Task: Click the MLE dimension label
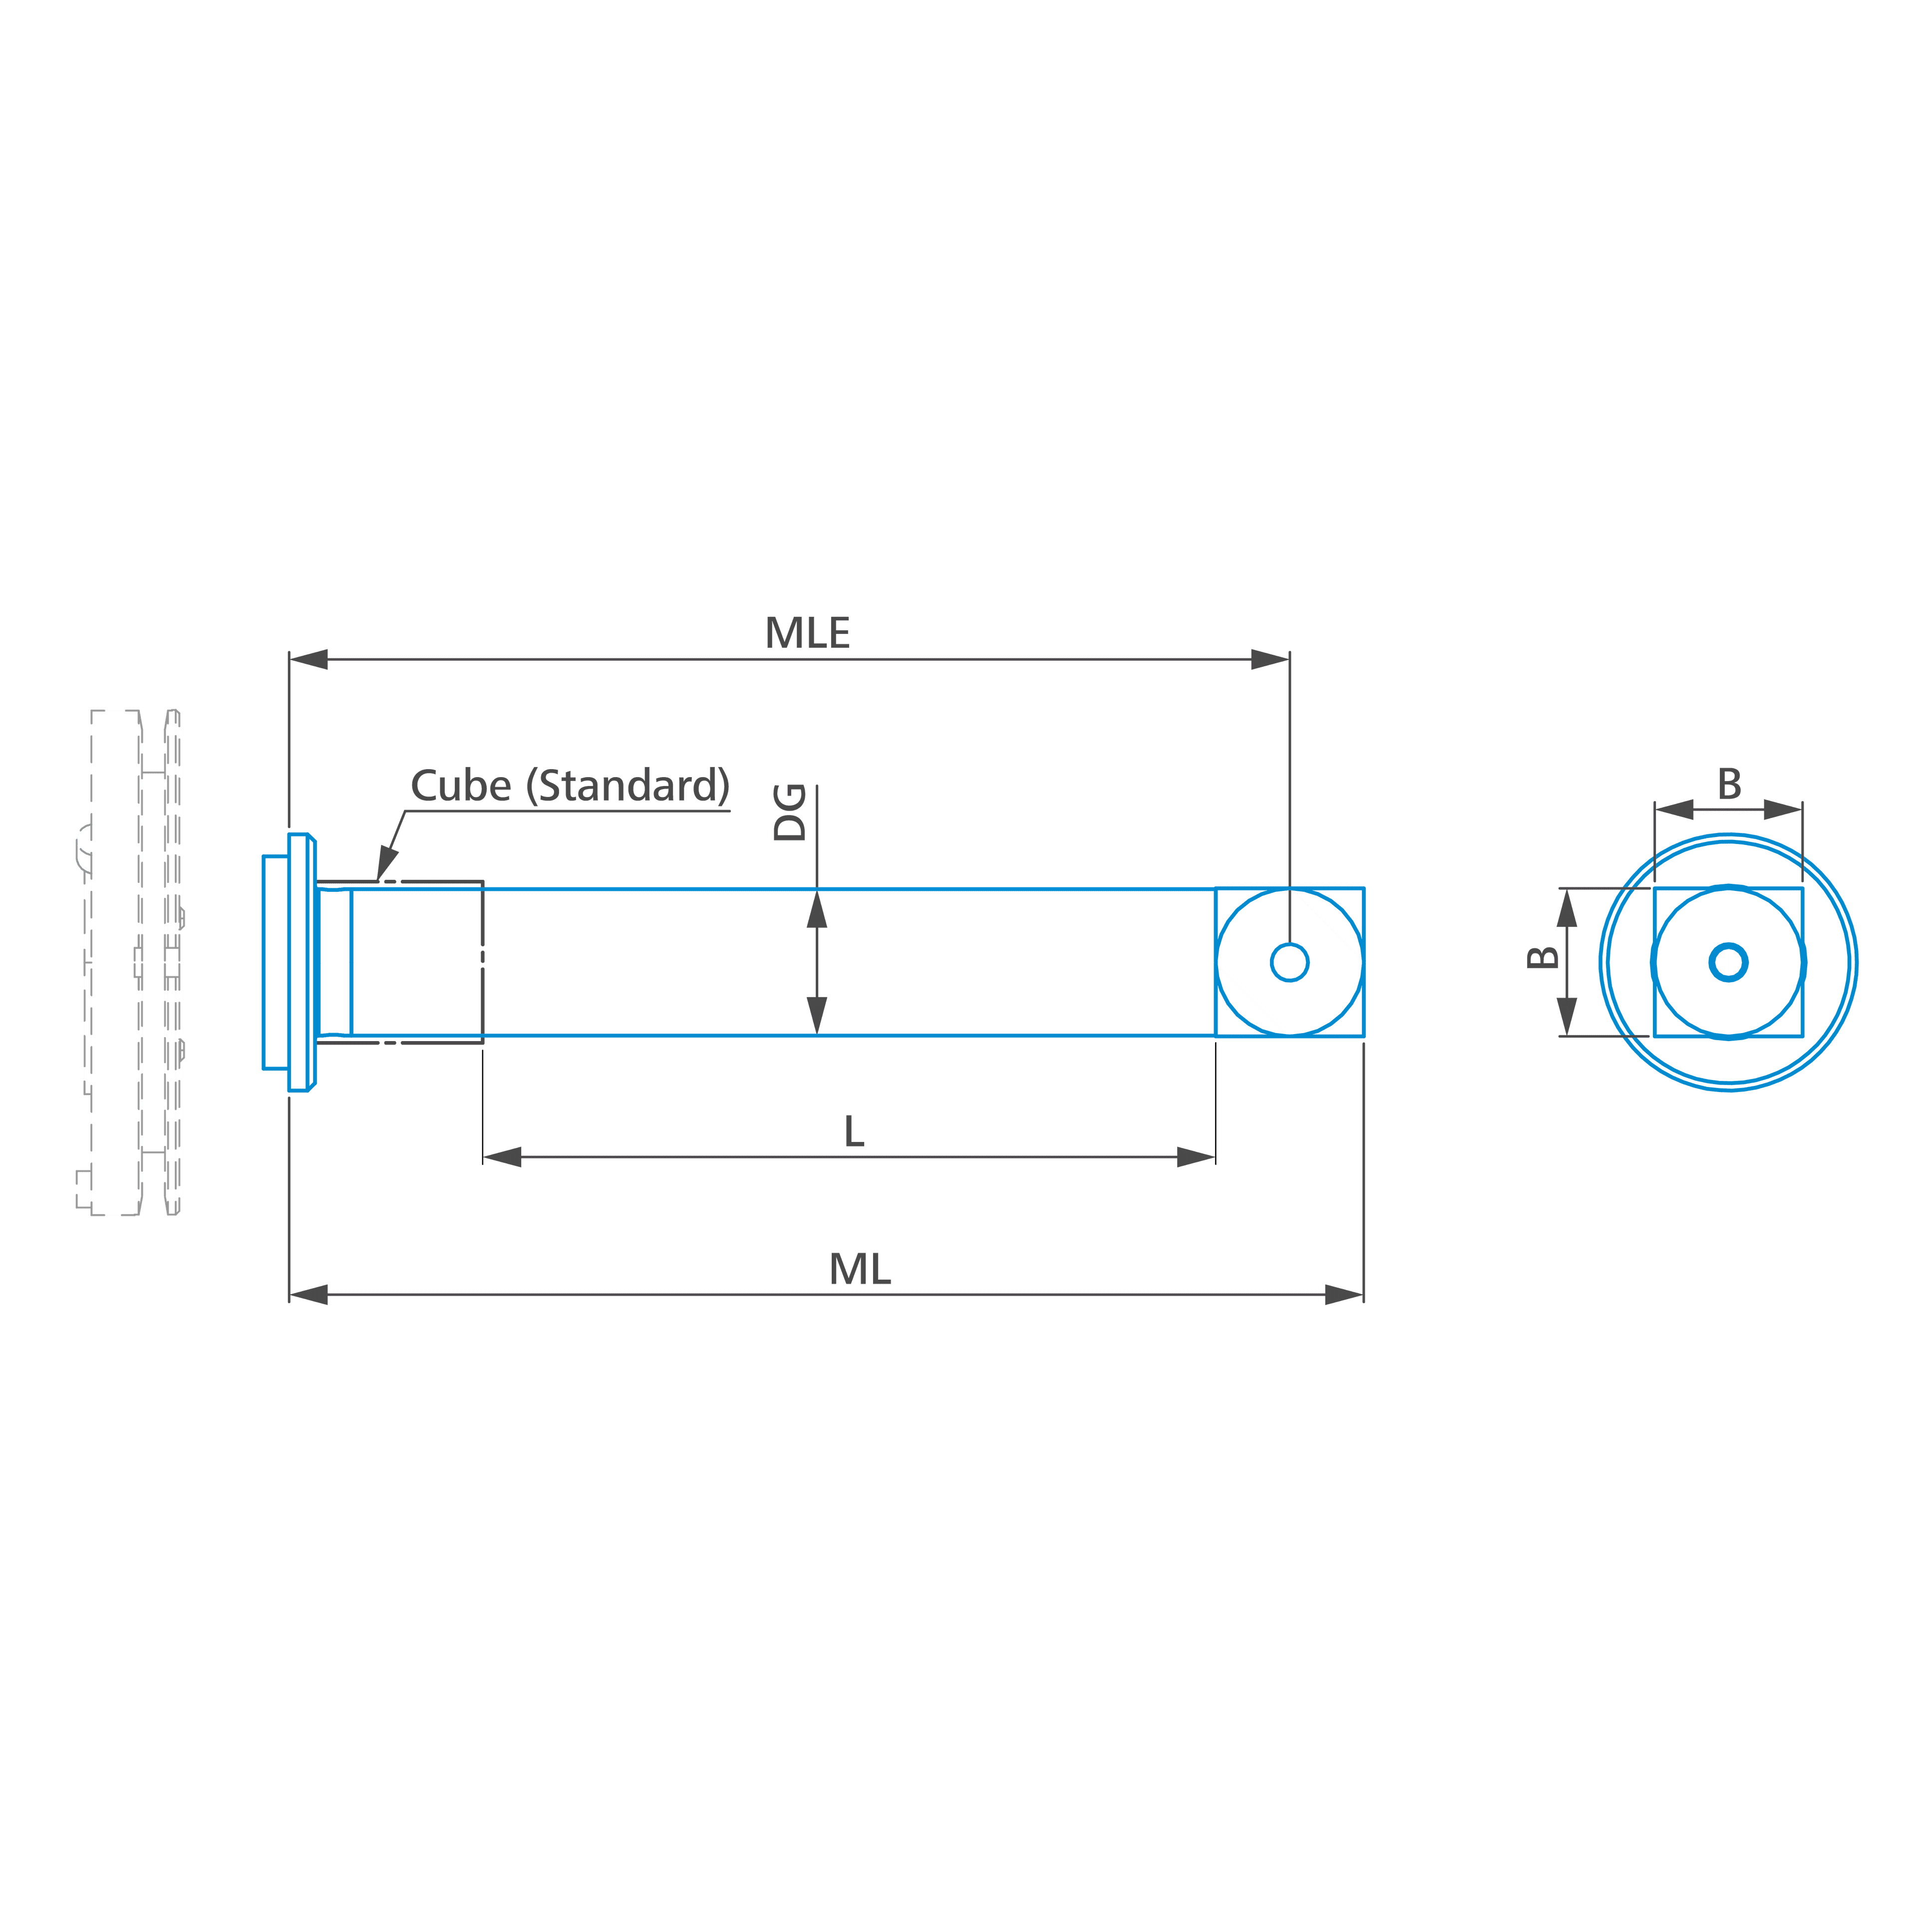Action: click(807, 633)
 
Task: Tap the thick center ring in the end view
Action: click(1728, 945)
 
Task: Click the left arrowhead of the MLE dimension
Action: click(309, 659)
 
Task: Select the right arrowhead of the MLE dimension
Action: click(1270, 659)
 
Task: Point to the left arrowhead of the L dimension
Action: click(502, 1157)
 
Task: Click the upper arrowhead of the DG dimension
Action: click(817, 908)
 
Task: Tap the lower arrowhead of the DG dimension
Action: click(817, 1016)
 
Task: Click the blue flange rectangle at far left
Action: click(276, 962)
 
